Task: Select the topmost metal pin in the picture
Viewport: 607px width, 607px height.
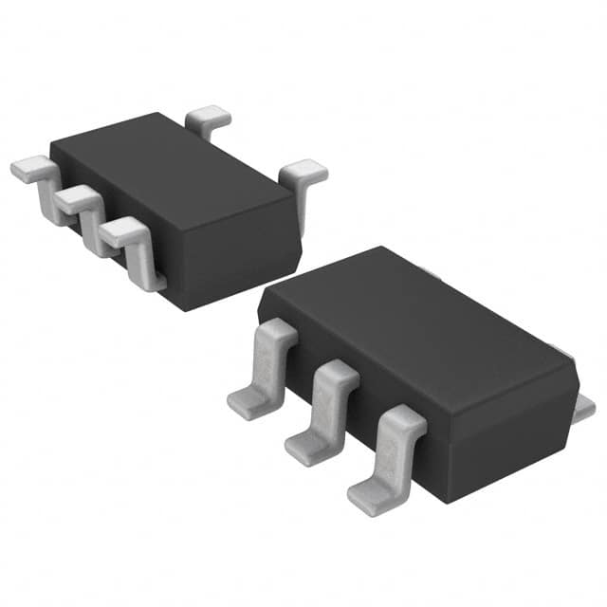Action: point(209,119)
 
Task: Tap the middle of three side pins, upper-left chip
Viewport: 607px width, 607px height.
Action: point(76,199)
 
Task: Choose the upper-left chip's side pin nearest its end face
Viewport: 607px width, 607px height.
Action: point(123,232)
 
